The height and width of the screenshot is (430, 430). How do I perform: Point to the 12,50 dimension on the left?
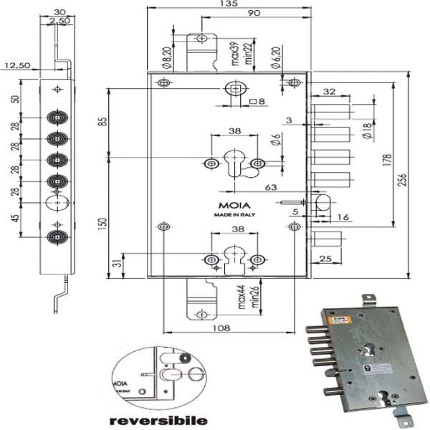click(x=16, y=65)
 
